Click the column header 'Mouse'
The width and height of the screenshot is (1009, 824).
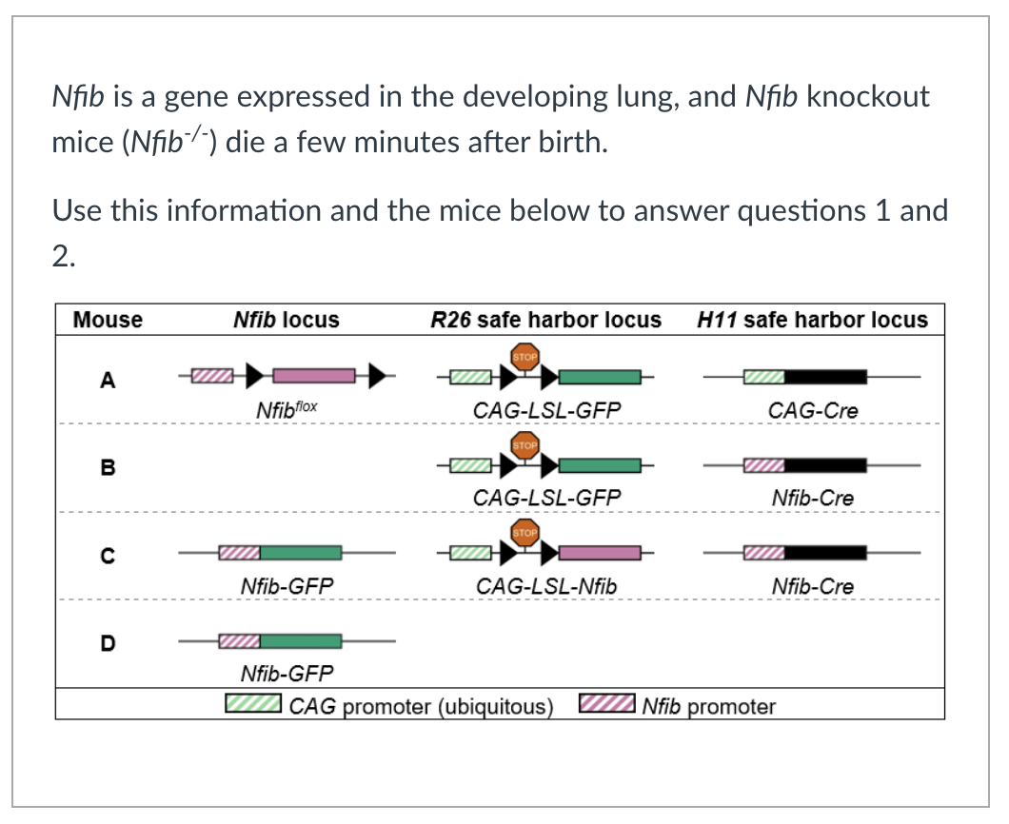[108, 320]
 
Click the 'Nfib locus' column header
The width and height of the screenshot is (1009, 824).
[286, 320]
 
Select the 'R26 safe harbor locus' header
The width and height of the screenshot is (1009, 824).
[545, 320]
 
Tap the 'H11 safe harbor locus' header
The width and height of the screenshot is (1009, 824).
[812, 320]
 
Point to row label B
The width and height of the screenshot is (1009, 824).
[108, 467]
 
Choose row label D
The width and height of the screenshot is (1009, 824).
[108, 642]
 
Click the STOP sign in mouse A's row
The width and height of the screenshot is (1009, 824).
[525, 357]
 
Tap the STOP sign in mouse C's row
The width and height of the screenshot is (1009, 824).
[525, 532]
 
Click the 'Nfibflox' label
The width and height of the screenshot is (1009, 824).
[287, 410]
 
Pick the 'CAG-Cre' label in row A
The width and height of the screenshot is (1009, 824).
[812, 411]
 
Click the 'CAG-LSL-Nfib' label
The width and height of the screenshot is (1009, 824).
[545, 587]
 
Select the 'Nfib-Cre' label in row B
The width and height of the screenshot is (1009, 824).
[812, 498]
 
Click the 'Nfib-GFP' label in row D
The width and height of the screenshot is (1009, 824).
[287, 675]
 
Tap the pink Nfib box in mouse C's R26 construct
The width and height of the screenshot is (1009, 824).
[600, 553]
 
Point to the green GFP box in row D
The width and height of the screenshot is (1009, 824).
[300, 641]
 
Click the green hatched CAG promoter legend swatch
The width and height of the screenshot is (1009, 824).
[252, 705]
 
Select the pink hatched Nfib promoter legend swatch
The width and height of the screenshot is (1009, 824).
[606, 705]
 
